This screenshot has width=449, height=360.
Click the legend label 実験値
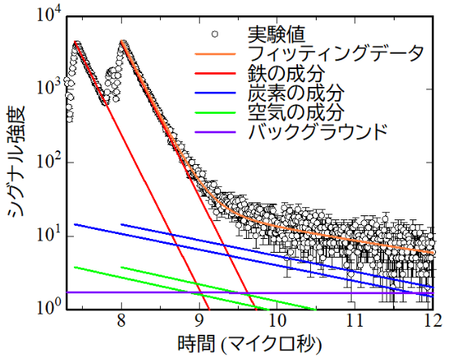pyautogui.click(x=274, y=35)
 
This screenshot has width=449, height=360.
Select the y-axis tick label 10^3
pyautogui.click(x=44, y=89)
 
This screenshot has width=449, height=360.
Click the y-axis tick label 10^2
pyautogui.click(x=44, y=163)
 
